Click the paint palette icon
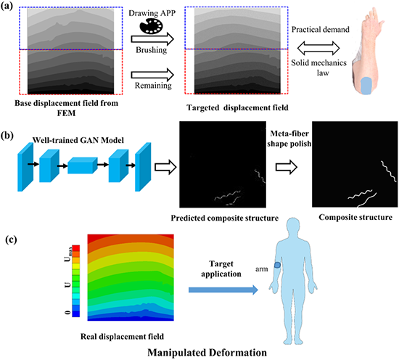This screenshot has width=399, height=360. (x=151, y=26)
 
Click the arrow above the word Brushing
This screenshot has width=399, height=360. (x=152, y=39)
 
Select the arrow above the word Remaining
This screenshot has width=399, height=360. (x=152, y=75)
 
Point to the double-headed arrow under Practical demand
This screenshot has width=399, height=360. (x=318, y=48)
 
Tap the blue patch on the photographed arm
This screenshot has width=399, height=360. (x=366, y=86)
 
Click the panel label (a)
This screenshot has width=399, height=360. (x=7, y=6)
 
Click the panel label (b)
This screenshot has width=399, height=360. (x=7, y=135)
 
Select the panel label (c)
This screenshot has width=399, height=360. (x=11, y=240)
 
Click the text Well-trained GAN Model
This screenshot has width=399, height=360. (x=78, y=140)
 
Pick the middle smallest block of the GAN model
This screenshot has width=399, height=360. (x=83, y=165)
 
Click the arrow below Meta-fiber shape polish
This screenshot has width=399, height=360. (x=287, y=167)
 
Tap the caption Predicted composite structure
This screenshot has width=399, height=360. (x=224, y=218)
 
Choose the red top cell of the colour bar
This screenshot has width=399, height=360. (x=76, y=248)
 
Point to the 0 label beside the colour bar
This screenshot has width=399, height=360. (x=68, y=312)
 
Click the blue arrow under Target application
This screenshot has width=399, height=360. (x=223, y=290)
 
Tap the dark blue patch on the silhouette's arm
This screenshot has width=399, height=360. (x=277, y=265)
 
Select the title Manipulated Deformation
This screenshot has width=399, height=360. (x=207, y=353)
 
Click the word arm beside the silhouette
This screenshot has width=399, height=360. (x=262, y=269)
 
